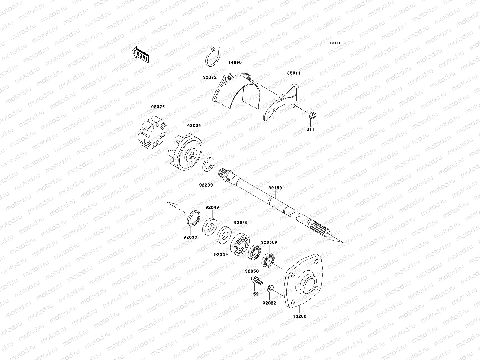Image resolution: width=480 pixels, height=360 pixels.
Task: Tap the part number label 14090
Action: [x=235, y=63]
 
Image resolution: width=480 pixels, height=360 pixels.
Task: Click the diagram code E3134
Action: [x=336, y=43]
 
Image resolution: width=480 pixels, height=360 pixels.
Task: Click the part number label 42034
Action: [x=195, y=126]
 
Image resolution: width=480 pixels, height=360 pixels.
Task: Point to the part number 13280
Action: [x=300, y=316]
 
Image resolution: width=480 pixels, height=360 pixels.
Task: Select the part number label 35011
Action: [x=294, y=73]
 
